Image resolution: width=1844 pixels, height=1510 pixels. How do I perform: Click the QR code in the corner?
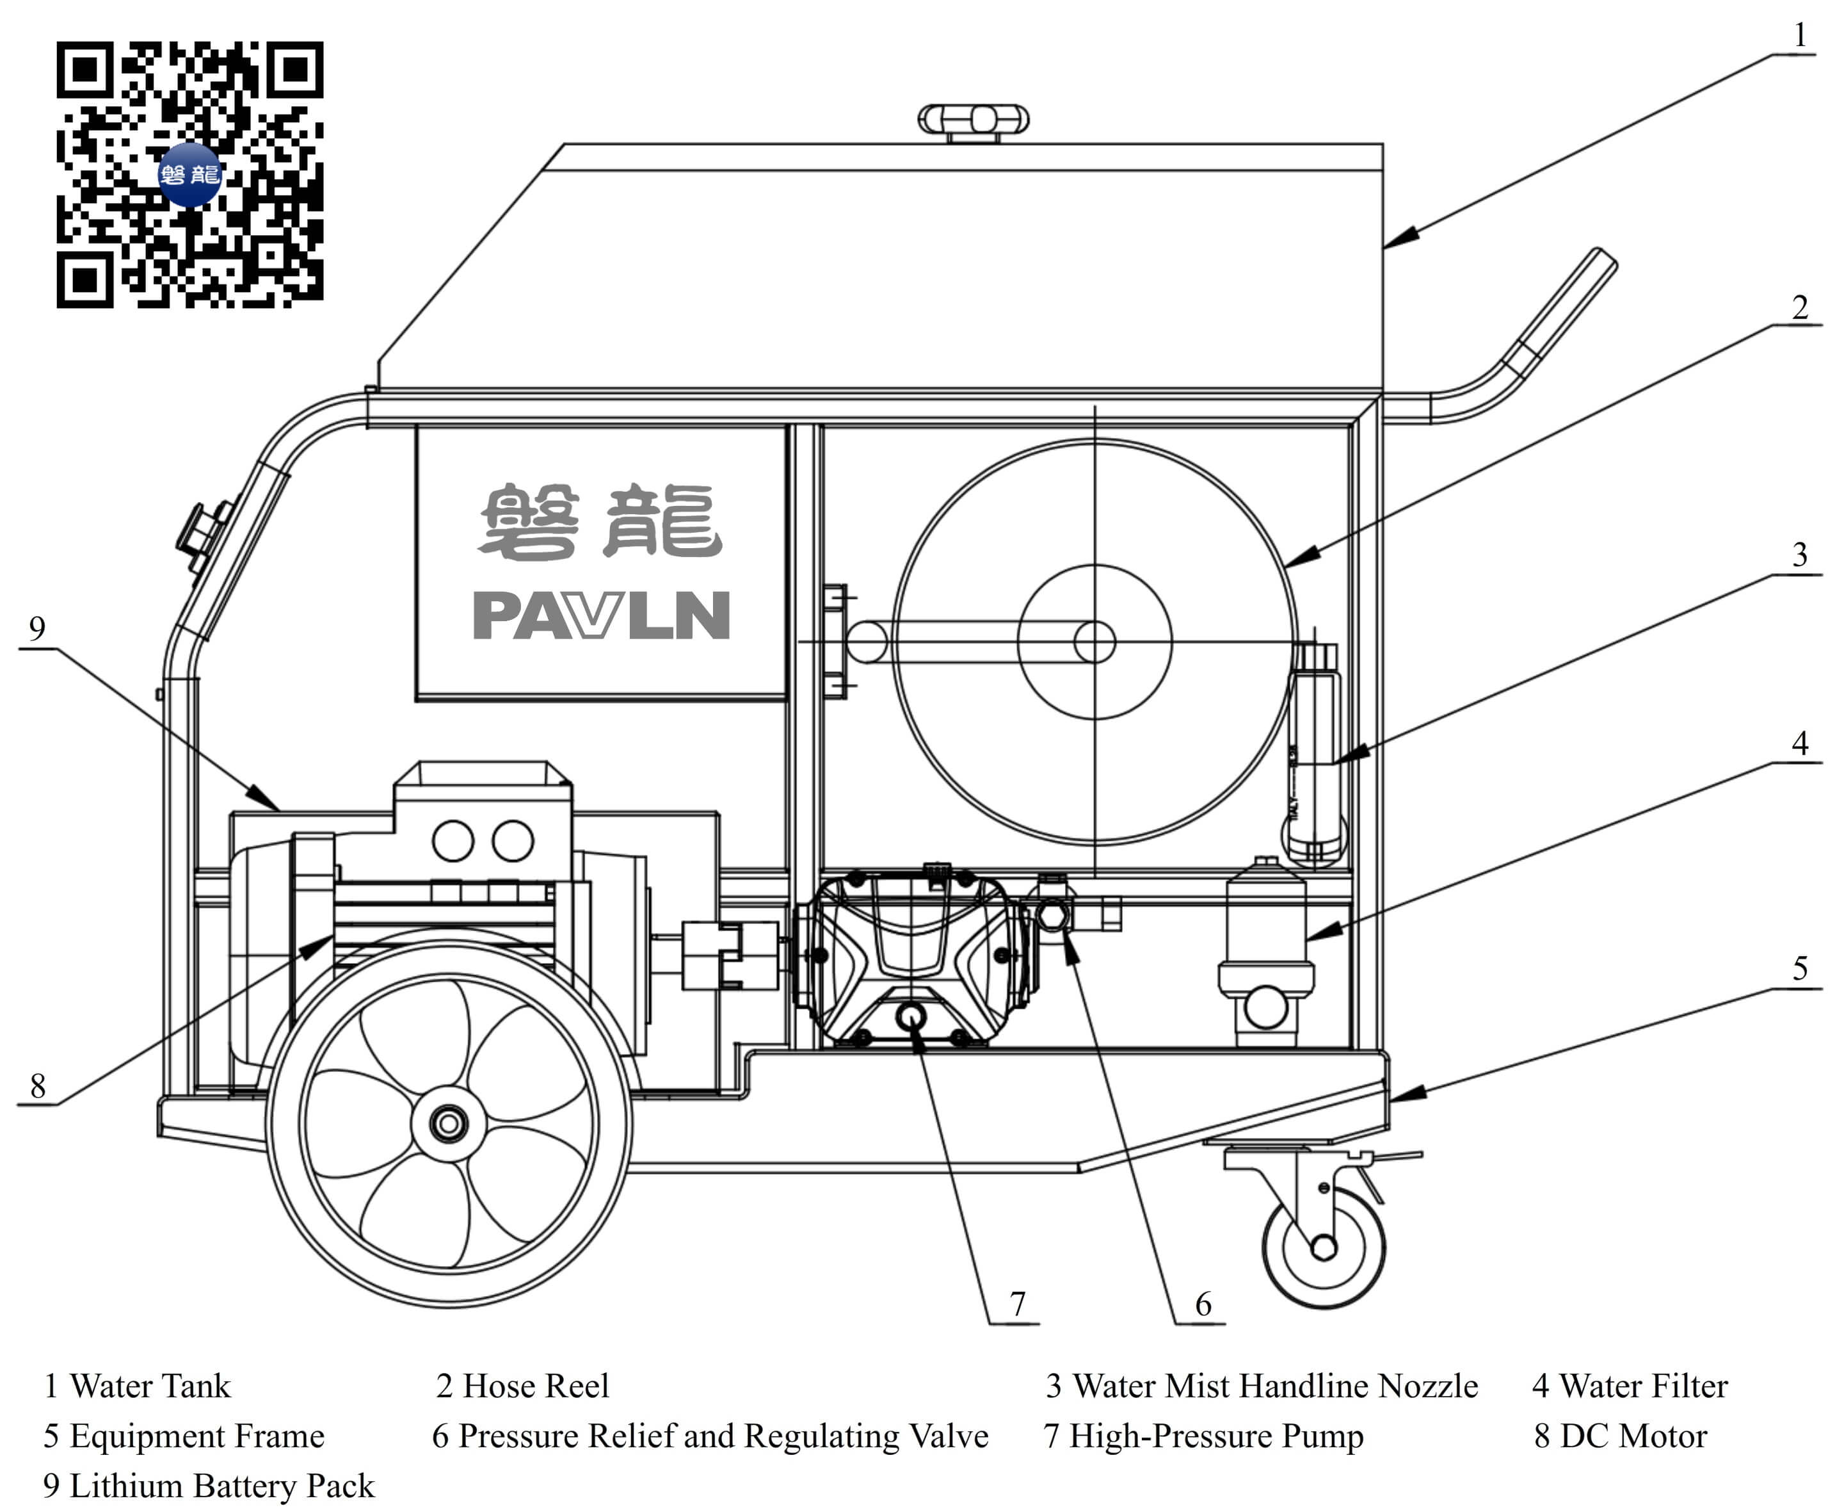(x=189, y=174)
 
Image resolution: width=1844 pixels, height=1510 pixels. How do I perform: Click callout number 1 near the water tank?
(x=1800, y=35)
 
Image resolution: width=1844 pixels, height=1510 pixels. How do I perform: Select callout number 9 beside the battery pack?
(x=36, y=628)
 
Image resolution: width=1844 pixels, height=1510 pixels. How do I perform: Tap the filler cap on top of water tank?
(x=973, y=120)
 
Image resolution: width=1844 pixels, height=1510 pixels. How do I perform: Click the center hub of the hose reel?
(x=1094, y=642)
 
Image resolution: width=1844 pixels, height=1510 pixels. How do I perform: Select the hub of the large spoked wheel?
(x=449, y=1124)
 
